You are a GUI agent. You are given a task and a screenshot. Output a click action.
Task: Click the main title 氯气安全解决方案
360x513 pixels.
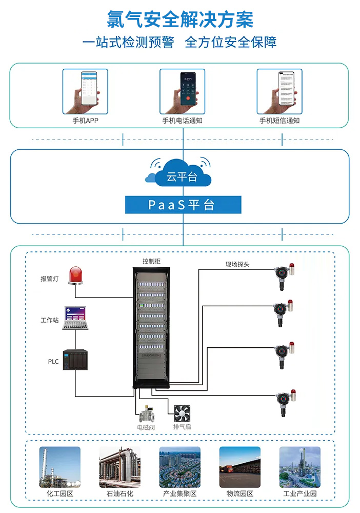[x=180, y=20]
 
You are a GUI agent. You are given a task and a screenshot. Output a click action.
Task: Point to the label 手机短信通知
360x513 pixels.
[x=279, y=121]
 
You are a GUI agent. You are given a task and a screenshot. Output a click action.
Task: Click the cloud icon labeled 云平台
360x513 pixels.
[x=179, y=174]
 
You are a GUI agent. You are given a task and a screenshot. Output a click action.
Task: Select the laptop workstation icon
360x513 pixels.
[x=75, y=319]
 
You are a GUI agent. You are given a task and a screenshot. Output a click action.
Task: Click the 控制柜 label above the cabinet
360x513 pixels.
[x=151, y=262]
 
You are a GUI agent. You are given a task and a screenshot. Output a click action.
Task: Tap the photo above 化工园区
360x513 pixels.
[x=60, y=467]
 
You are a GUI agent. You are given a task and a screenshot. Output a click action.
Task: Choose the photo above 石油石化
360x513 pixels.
[x=119, y=467]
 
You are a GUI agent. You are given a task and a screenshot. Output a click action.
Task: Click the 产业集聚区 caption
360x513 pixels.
[x=179, y=494]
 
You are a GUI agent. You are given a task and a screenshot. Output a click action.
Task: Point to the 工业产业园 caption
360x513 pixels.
[x=300, y=494]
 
